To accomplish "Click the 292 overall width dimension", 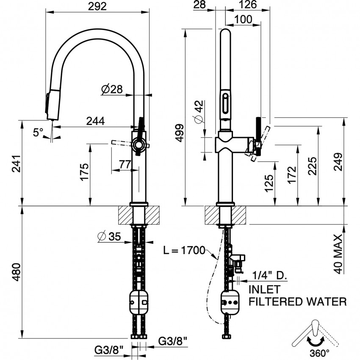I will [97, 6].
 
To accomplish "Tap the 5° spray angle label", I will [38, 133].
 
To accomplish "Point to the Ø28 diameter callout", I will [112, 89].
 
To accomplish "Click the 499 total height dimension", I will [180, 133].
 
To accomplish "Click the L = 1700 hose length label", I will [184, 250].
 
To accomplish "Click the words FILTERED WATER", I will [297, 302].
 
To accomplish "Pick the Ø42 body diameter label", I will [199, 112].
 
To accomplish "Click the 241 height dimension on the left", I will [16, 163].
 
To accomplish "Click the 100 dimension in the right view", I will [243, 19].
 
